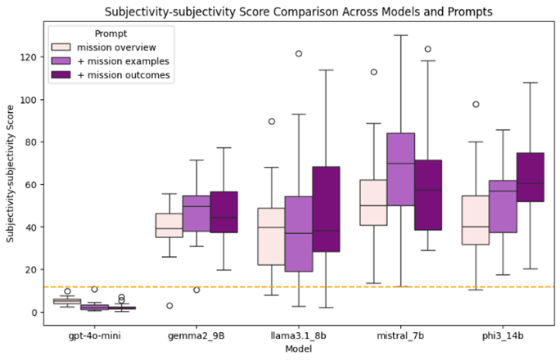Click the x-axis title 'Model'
[299, 349]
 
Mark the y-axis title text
[11, 177]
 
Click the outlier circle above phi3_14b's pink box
[476, 104]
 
